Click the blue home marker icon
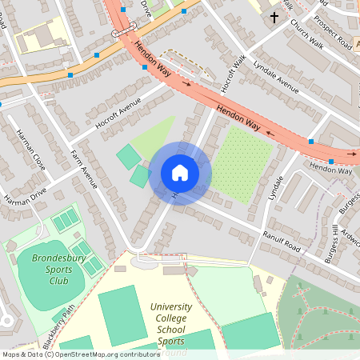tap(180, 172)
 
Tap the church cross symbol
tap(274, 16)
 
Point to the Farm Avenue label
tap(83, 168)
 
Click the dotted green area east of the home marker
tap(239, 164)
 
